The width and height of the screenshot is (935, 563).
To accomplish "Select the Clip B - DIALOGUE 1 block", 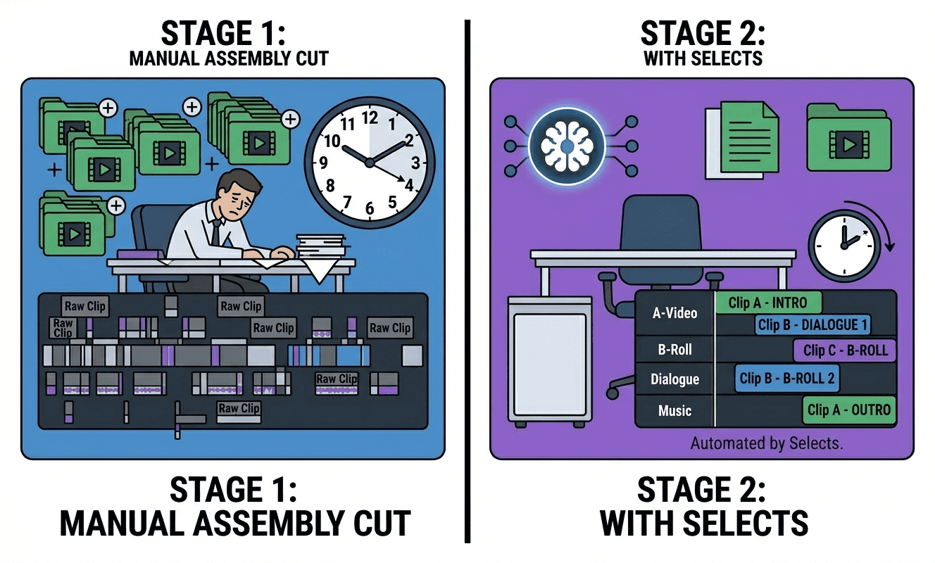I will tap(812, 325).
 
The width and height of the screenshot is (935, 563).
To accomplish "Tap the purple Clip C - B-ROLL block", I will tap(845, 350).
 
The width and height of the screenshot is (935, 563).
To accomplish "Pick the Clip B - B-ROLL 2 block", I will tap(786, 379).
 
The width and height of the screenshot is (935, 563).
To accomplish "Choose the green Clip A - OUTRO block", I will tap(849, 410).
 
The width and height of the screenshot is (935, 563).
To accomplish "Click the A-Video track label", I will tap(674, 312).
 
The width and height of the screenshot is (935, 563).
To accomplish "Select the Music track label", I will tap(674, 410).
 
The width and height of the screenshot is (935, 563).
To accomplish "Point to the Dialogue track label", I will tap(674, 379).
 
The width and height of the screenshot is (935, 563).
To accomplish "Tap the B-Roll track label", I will tap(674, 348).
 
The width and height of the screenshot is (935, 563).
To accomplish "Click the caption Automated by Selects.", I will tap(766, 443).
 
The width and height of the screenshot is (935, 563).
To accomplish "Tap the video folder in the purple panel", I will tap(848, 139).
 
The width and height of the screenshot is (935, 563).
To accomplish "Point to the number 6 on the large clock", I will tap(370, 208).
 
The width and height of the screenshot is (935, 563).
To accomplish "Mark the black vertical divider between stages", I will tap(467, 281).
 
